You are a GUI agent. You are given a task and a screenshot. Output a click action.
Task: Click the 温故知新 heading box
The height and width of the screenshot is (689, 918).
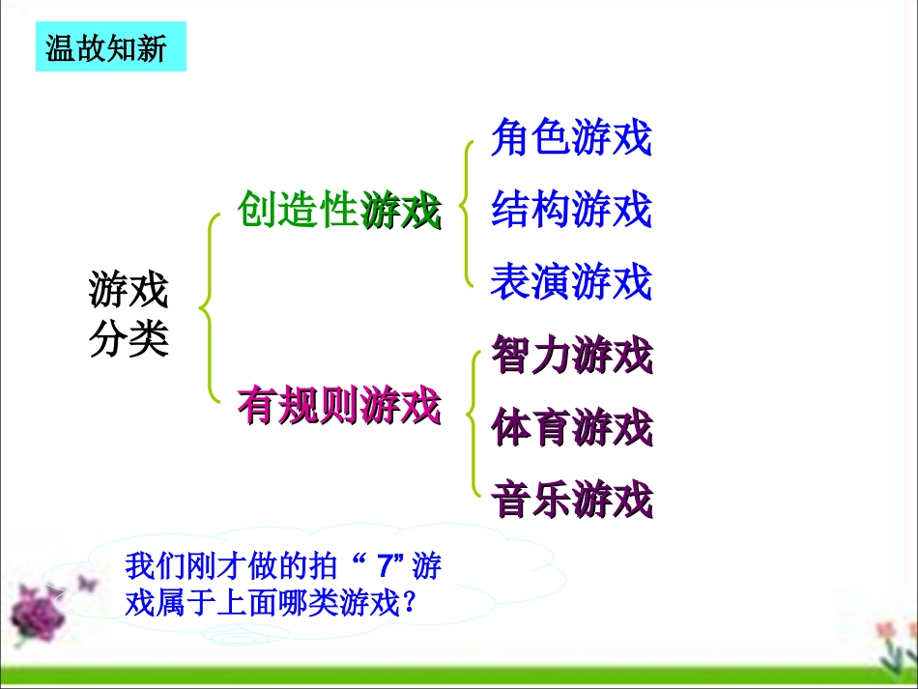tap(110, 46)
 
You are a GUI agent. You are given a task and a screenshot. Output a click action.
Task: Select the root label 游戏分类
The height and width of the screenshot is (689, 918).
tap(129, 313)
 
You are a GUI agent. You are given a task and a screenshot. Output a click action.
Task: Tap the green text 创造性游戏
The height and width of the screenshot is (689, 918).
tap(338, 210)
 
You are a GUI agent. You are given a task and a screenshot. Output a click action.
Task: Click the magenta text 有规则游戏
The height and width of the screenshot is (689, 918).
tap(338, 406)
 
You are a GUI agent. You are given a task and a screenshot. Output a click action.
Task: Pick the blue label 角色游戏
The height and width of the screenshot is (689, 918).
tap(571, 138)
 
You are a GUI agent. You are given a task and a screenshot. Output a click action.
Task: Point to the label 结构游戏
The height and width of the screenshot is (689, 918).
tap(571, 210)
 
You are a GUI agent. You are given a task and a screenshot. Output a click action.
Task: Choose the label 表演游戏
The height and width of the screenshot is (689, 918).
tap(571, 282)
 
